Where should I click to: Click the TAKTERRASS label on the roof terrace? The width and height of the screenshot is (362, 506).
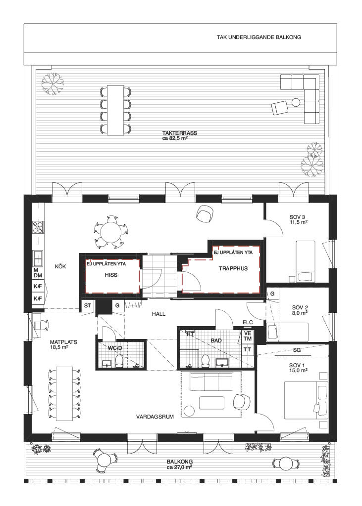click(x=180, y=133)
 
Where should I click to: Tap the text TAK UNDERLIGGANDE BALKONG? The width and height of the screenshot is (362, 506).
click(x=259, y=37)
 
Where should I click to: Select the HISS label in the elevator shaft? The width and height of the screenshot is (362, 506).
click(x=111, y=275)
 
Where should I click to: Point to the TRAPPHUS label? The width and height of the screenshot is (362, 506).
click(x=233, y=268)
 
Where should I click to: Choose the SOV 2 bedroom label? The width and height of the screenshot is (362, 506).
click(x=300, y=307)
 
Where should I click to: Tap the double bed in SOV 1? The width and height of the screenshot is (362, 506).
click(x=306, y=400)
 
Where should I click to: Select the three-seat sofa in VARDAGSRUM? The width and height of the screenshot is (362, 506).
click(x=211, y=381)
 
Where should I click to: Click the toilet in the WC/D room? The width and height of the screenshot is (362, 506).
click(x=119, y=361)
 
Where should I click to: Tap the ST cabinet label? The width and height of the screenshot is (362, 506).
click(x=87, y=305)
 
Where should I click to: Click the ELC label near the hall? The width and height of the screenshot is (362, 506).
click(x=248, y=322)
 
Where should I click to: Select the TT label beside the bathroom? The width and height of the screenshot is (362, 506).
click(x=247, y=349)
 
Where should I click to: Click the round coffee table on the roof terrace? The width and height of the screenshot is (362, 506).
click(x=296, y=103)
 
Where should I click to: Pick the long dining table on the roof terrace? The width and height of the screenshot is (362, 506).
click(x=115, y=110)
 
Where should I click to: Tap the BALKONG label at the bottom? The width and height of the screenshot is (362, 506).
click(x=180, y=462)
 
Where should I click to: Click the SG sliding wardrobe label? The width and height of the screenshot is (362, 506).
click(x=297, y=350)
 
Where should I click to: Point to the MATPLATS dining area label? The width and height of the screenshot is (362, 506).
click(x=64, y=342)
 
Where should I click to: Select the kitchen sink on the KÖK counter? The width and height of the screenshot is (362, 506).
click(x=38, y=257)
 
